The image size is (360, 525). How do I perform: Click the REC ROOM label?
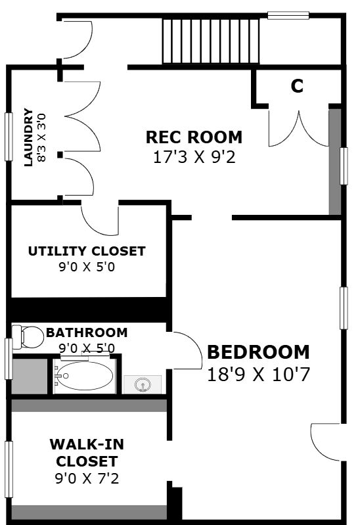(x=194, y=137)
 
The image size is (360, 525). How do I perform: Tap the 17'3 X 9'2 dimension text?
(x=194, y=157)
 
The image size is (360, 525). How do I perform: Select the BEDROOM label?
(x=259, y=352)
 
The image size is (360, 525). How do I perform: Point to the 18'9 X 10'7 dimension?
(x=259, y=375)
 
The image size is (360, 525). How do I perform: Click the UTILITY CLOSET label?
(x=87, y=251)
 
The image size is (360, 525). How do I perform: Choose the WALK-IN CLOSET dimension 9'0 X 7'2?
(x=87, y=478)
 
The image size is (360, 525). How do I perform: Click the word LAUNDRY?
(x=28, y=137)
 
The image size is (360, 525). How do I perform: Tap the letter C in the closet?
(x=297, y=86)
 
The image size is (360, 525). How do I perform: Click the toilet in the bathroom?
(x=28, y=336)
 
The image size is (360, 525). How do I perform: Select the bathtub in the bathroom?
(x=84, y=376)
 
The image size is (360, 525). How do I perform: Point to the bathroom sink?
(x=143, y=384)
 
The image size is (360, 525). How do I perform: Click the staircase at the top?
(x=211, y=41)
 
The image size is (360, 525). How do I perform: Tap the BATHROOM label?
(x=87, y=332)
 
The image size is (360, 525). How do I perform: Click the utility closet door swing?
(x=100, y=220)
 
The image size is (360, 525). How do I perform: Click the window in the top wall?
(x=288, y=15)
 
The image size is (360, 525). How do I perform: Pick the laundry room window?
(x=9, y=137)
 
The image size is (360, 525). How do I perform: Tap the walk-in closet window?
(x=9, y=469)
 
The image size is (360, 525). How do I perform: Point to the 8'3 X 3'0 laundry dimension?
(x=41, y=138)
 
